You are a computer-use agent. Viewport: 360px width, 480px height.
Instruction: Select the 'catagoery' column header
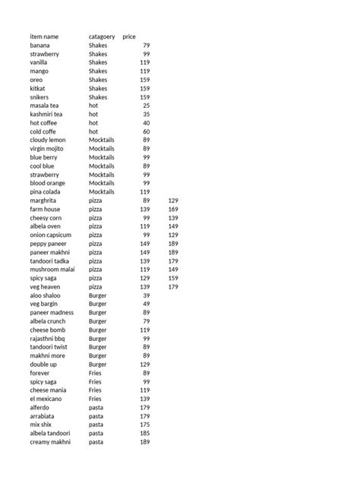click(x=102, y=37)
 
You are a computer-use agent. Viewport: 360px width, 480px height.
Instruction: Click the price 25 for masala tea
click(x=147, y=106)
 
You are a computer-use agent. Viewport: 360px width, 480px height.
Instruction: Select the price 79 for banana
click(x=147, y=46)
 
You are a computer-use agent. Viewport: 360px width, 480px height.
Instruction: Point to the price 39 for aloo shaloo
click(x=147, y=295)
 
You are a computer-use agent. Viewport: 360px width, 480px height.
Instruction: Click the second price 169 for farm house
click(x=172, y=209)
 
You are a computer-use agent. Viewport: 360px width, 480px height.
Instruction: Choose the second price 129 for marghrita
click(x=172, y=201)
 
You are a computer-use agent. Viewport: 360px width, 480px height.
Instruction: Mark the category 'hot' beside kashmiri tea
click(x=93, y=114)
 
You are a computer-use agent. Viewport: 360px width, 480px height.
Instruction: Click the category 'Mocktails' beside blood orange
click(x=102, y=183)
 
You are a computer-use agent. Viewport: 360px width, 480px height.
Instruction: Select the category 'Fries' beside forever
click(x=95, y=373)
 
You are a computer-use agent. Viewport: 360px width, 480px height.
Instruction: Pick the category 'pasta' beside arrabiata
click(x=96, y=416)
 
